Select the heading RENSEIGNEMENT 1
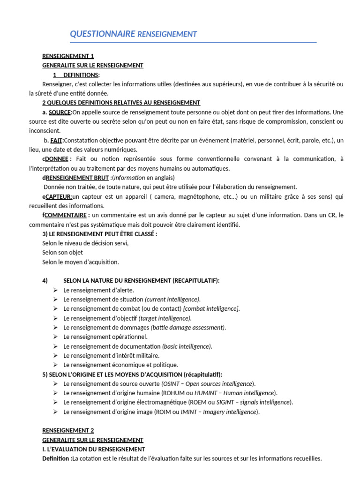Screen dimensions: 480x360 point(68,56)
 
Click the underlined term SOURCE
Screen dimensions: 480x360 point(60,112)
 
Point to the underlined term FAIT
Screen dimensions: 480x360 point(56,140)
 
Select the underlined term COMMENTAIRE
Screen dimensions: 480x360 point(65,215)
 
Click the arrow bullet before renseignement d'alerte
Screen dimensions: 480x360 point(55,290)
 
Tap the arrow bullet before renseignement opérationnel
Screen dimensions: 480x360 point(55,337)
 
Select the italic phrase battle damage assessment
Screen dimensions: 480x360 point(188,327)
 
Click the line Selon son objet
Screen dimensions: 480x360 point(62,253)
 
